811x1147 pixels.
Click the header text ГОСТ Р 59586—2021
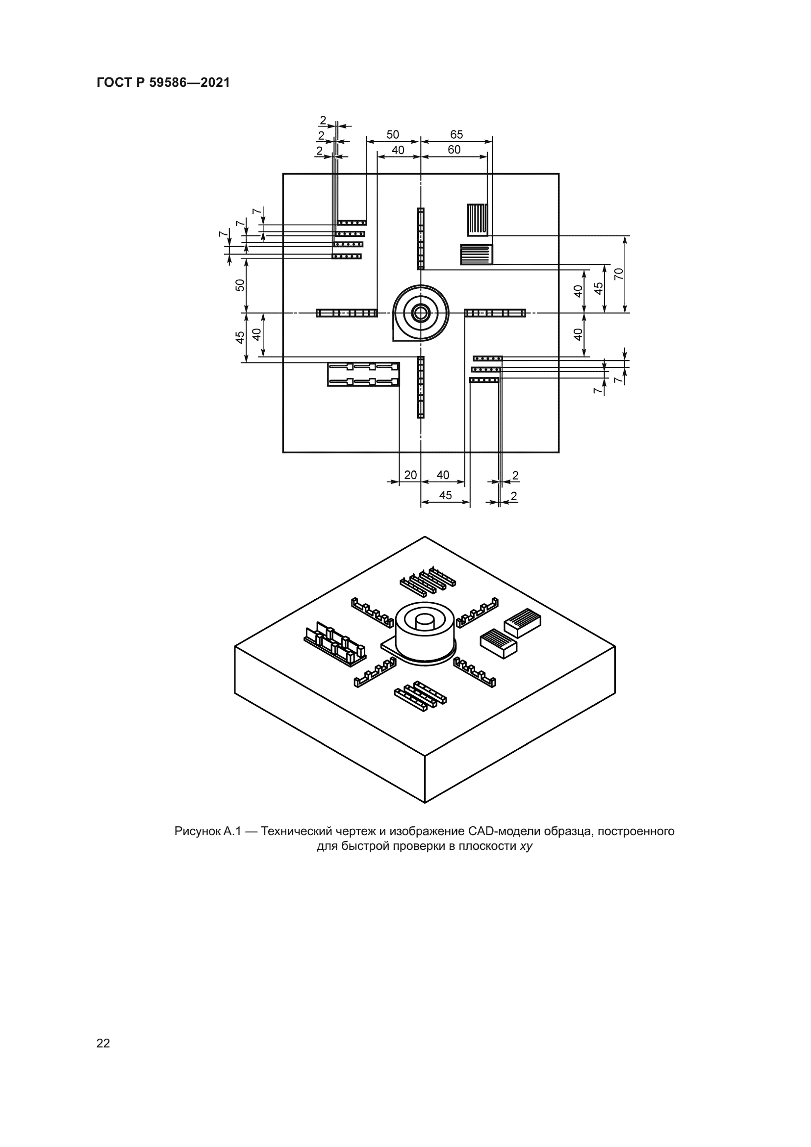click(x=163, y=83)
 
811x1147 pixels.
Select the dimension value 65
click(x=456, y=134)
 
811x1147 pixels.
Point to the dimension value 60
click(x=454, y=150)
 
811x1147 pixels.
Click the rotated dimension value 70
click(x=619, y=274)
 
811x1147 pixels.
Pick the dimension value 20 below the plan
click(x=410, y=475)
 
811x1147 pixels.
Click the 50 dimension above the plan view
click(x=393, y=134)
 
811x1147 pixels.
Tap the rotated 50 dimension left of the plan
click(x=240, y=285)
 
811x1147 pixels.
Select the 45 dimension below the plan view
click(x=445, y=495)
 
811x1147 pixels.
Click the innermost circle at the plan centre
click(x=421, y=313)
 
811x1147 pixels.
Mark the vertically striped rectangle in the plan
click(x=478, y=220)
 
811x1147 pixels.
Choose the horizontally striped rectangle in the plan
click(x=477, y=255)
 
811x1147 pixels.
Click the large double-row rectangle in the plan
click(x=363, y=374)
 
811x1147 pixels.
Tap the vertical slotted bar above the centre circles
click(x=421, y=239)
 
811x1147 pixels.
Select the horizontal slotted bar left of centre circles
click(x=347, y=313)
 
